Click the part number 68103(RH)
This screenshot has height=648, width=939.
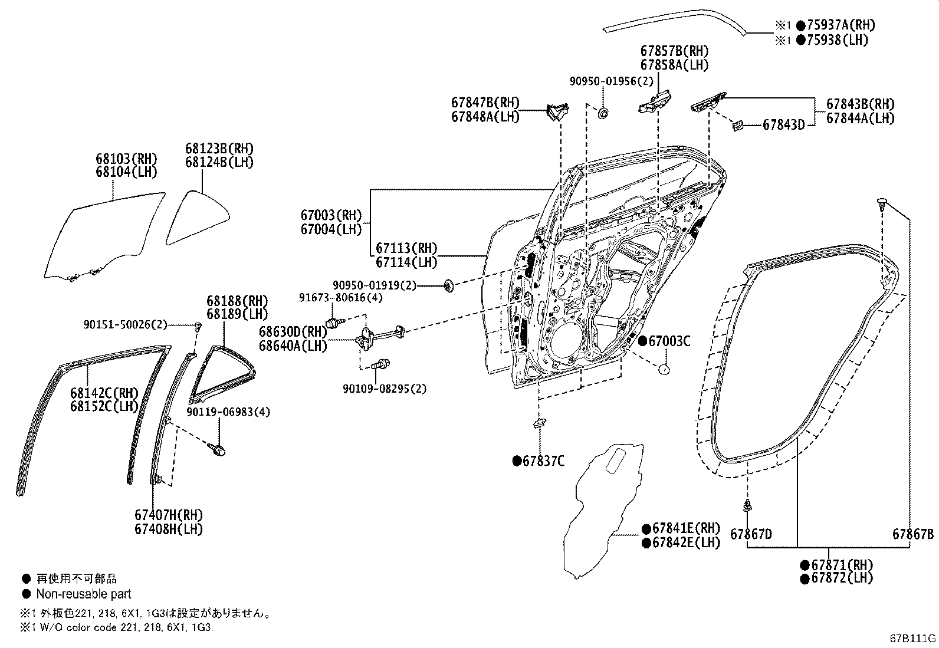pos(127,159)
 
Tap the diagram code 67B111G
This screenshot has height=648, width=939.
pos(913,638)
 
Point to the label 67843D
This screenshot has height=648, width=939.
pos(783,124)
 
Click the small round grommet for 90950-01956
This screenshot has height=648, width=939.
pos(603,112)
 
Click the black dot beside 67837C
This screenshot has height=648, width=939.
pos(517,461)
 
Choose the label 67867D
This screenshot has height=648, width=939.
pos(751,534)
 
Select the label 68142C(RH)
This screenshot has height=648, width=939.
pos(104,393)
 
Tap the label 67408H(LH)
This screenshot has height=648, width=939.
pos(168,529)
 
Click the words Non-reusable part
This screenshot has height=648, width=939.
pos(83,594)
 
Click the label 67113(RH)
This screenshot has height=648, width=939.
pos(406,248)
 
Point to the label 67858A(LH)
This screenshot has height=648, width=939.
pos(675,65)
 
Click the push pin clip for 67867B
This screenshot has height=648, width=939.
pos(882,204)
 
